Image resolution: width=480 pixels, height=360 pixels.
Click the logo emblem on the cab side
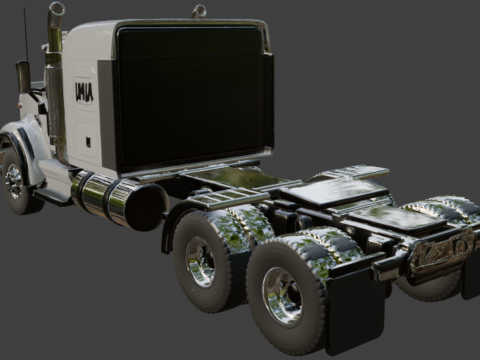coord(84,92)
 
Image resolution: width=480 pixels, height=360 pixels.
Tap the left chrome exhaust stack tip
coord(56,10)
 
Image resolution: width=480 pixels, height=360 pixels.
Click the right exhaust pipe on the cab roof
coord(199,11)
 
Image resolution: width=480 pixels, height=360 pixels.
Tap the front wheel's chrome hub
coord(13,180)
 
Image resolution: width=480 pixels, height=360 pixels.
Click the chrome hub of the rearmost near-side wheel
coord(282,295)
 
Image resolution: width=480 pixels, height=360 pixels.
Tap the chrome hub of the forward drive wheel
coord(200,262)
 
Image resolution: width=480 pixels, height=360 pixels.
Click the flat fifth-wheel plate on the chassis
coord(335,190)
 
